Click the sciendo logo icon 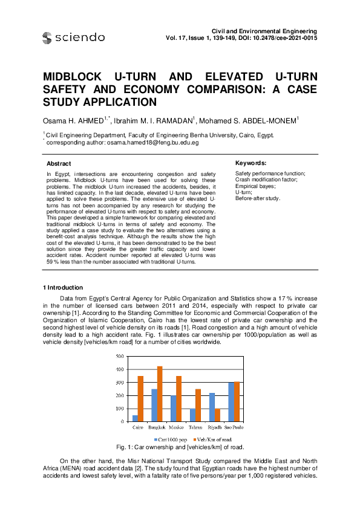(47, 38)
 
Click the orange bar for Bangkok (160, 394)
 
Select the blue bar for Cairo (135, 418)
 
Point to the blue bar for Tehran (192, 415)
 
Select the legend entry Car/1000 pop (172, 439)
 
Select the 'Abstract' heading (59, 163)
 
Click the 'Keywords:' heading (250, 163)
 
